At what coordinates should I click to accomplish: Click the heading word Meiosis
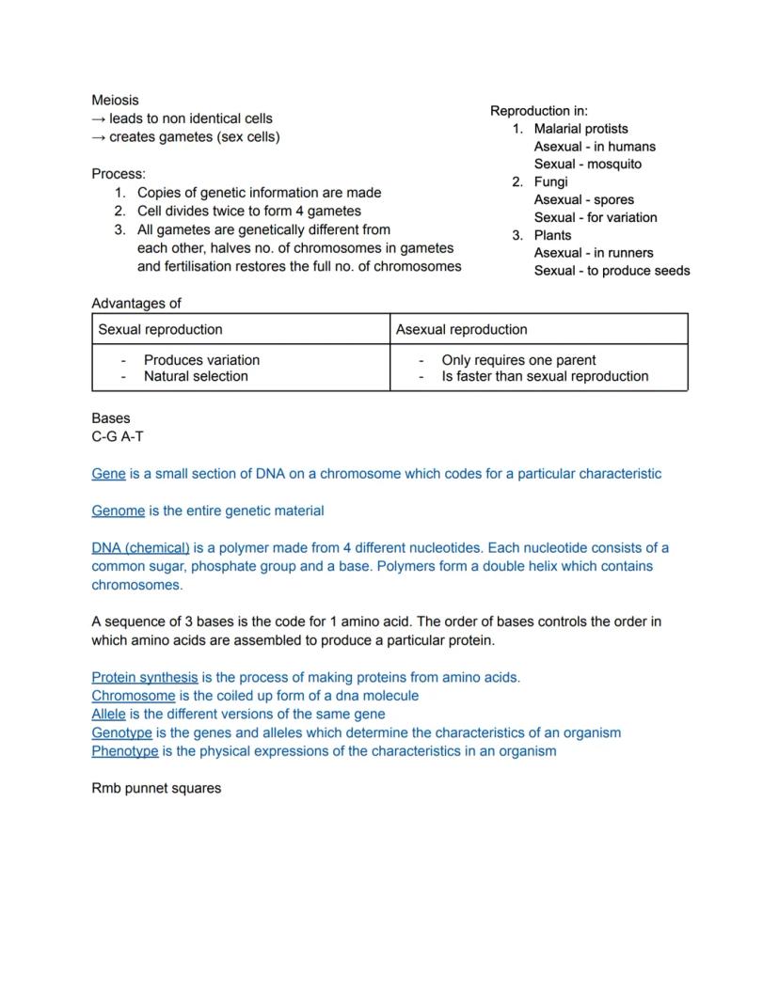coord(115,100)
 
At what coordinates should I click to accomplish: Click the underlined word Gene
coord(108,474)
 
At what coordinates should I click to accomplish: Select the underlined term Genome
coord(119,511)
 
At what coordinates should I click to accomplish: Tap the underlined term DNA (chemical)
coord(140,547)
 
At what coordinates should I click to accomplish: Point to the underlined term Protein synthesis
coord(145,677)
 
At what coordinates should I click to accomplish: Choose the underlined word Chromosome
coord(133,696)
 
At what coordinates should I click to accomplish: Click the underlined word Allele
coord(108,714)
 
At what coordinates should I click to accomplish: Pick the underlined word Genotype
coord(121,732)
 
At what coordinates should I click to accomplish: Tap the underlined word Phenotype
coord(124,751)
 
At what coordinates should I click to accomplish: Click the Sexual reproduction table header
coord(161,329)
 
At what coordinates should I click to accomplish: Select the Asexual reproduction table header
coord(462,329)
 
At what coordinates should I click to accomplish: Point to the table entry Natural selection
coord(196,376)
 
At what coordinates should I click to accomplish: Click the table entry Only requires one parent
coord(518,360)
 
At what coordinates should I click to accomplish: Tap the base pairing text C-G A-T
coord(118,436)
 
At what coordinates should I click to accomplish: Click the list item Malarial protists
coord(580,129)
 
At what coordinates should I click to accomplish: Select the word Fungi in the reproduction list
coord(550,181)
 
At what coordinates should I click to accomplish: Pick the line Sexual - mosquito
coord(588,164)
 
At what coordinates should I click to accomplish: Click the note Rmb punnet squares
coord(156,788)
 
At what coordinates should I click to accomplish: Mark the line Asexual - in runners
coord(594,253)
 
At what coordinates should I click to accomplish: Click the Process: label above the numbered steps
coord(119,174)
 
